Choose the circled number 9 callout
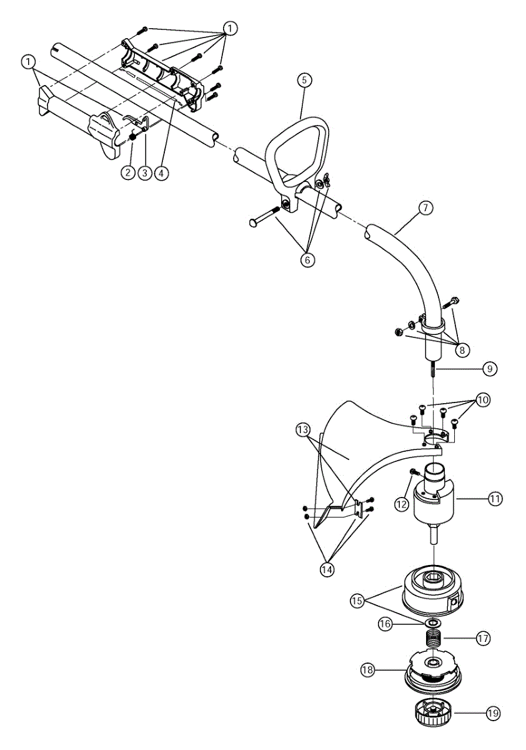point(490,369)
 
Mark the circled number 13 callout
point(303,429)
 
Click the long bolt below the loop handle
point(265,216)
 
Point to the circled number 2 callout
point(128,172)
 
